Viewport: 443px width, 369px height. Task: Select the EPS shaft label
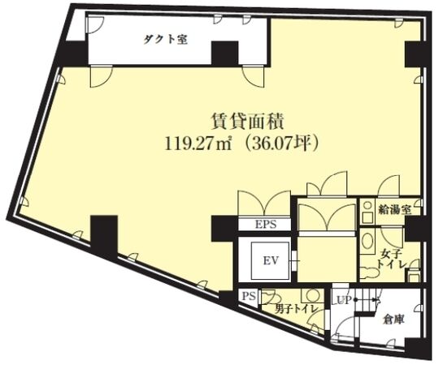click(265, 224)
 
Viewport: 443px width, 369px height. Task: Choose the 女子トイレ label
click(390, 260)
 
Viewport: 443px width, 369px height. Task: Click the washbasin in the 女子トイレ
click(367, 243)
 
